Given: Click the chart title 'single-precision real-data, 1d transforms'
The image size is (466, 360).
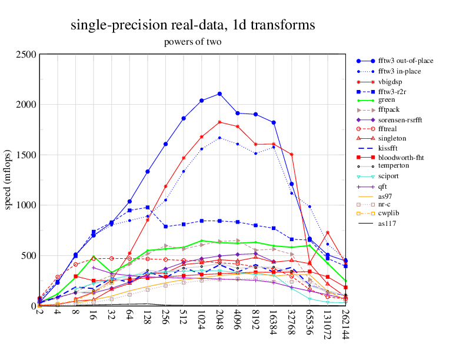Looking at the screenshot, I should click(192, 25).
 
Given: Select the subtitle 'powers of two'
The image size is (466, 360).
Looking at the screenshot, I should click(192, 42).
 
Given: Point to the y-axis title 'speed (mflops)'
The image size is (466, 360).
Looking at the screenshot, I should click(9, 180).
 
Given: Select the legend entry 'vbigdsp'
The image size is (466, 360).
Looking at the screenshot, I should click(391, 82).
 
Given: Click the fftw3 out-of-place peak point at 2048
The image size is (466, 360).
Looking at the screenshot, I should click(219, 94).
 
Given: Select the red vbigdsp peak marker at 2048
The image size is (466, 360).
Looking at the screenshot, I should click(219, 122).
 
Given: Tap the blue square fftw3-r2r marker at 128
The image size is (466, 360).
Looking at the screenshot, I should click(148, 208).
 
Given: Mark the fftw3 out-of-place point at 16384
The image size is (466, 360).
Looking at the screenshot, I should click(274, 122).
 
